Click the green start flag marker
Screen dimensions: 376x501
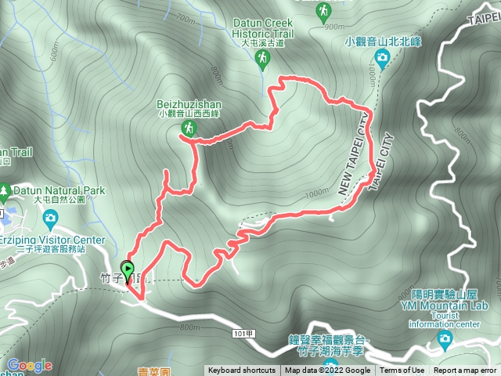point(128,269)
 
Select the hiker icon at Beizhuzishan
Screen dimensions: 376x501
point(188,127)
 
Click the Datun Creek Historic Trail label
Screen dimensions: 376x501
point(263,29)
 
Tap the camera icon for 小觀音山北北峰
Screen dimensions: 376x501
point(381,56)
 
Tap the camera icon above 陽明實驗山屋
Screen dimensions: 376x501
point(445,338)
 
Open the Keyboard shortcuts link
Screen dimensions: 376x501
point(242,371)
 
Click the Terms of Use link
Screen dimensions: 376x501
point(402,371)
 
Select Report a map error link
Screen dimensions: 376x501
point(465,371)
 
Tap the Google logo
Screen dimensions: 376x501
point(29,365)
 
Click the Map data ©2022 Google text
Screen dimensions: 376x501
point(327,371)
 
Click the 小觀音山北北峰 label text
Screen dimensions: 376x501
point(381,42)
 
